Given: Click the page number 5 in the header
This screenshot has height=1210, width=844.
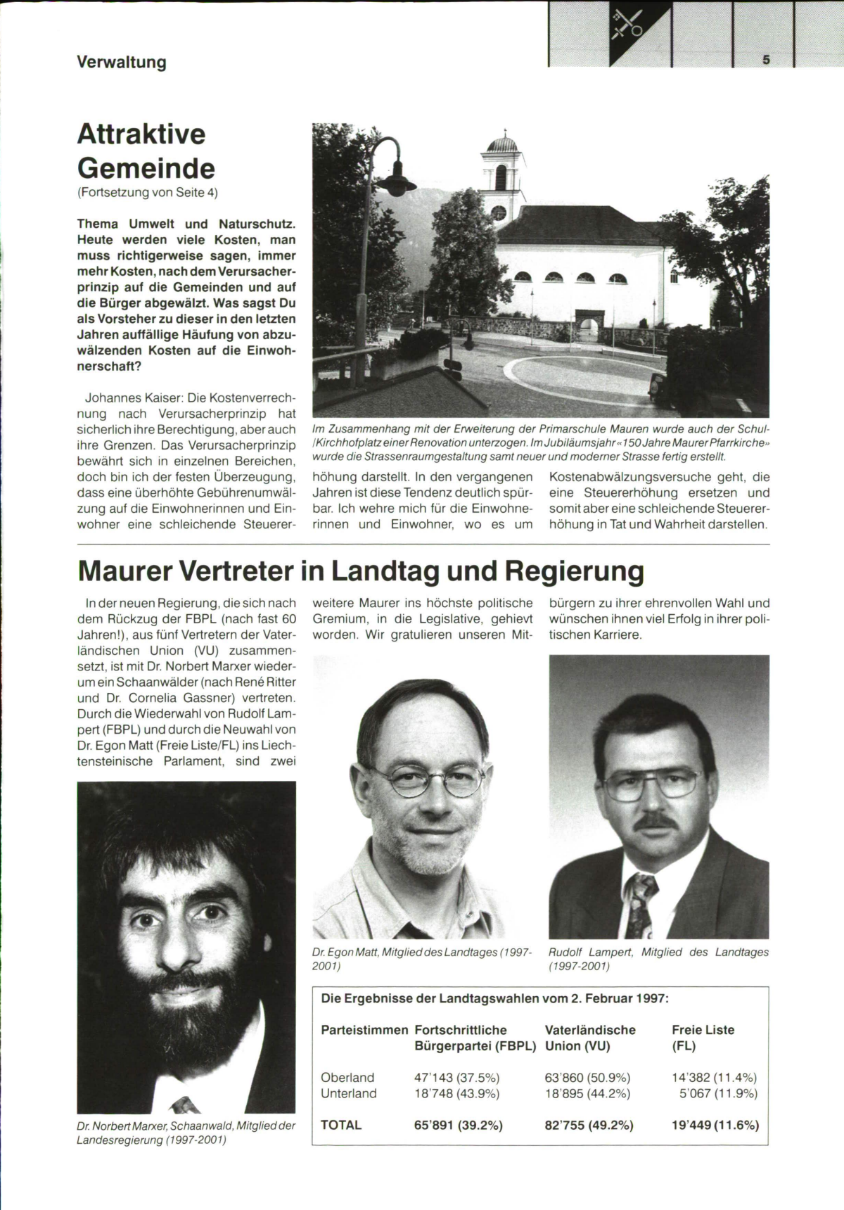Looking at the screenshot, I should pyautogui.click(x=766, y=60).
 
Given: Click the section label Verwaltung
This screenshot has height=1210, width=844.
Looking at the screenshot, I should pyautogui.click(x=122, y=63).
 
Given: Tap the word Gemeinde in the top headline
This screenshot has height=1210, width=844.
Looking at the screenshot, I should pyautogui.click(x=146, y=168).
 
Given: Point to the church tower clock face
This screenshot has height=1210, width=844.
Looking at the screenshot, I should pyautogui.click(x=499, y=212).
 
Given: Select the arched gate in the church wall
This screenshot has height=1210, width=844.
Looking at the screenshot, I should pyautogui.click(x=588, y=328).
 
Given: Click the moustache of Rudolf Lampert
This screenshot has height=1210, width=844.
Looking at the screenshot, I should pyautogui.click(x=656, y=821).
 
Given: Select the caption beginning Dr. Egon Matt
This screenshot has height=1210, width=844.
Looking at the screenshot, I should pyautogui.click(x=422, y=959).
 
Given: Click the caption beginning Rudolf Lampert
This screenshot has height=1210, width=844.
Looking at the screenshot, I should pyautogui.click(x=658, y=959).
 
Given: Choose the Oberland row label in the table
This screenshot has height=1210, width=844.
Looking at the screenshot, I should pyautogui.click(x=347, y=1078).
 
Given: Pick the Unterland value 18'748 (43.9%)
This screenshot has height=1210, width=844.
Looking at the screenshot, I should pyautogui.click(x=456, y=1093).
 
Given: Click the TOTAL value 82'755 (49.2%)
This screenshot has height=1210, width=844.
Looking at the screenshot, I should pyautogui.click(x=589, y=1125).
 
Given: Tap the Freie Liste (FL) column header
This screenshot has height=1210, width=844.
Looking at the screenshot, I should pyautogui.click(x=703, y=1038).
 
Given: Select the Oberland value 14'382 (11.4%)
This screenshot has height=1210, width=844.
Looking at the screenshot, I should pyautogui.click(x=714, y=1078).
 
